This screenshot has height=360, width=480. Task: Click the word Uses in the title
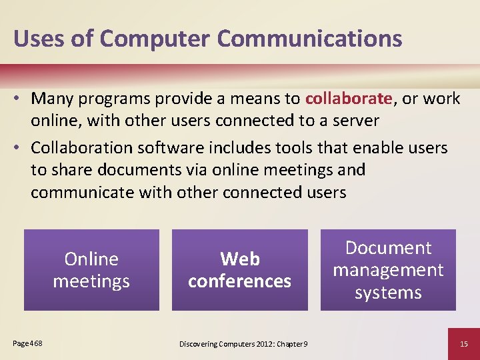pos(37,38)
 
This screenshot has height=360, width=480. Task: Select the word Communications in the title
pos(310,38)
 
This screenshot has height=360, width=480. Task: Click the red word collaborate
pos(348,99)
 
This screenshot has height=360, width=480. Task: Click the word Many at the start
pos(52,99)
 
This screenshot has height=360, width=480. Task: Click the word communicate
pos(82,192)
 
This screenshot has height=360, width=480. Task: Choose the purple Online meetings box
pos(91,270)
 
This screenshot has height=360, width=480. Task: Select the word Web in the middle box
pos(240,259)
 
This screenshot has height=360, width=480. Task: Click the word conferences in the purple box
pos(240,281)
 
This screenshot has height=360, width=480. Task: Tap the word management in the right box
pos(388,270)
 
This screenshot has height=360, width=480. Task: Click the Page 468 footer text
pos(27,343)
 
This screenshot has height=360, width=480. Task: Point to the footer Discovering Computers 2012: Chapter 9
pos(243,343)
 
